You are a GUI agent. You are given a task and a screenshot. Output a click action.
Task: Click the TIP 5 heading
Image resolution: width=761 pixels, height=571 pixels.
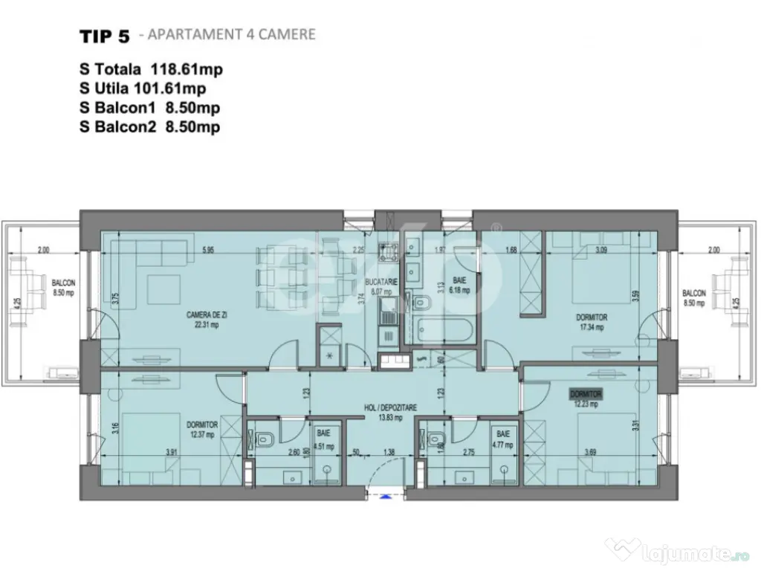pos(104,36)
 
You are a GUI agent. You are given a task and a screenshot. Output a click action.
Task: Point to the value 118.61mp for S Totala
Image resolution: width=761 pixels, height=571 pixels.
pos(187,69)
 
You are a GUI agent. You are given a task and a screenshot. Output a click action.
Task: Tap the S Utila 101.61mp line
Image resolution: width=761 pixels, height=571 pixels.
pos(143,88)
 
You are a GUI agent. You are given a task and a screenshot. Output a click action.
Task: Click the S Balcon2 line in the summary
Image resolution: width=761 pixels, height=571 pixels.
pos(149,127)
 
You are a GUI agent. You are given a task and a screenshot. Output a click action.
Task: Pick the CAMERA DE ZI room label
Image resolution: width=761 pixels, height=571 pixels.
pos(202,320)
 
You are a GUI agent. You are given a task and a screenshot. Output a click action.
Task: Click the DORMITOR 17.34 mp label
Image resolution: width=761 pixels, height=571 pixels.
pos(592,321)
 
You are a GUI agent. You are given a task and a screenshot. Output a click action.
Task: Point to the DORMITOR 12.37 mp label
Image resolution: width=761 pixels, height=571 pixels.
pos(201,429)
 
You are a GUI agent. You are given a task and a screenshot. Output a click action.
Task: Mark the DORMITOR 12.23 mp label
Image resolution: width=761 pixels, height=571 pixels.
pos(585,399)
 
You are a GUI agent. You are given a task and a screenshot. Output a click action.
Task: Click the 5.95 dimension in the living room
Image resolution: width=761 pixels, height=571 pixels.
pos(207,251)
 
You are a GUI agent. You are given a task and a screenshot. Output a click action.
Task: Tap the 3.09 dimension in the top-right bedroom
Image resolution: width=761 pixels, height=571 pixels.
pos(601,251)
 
